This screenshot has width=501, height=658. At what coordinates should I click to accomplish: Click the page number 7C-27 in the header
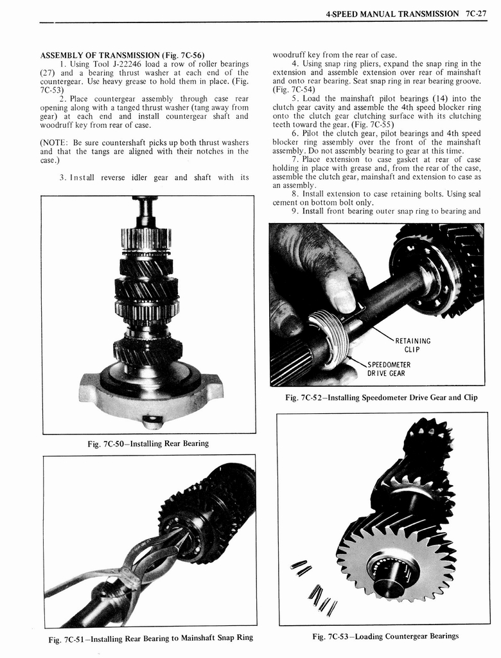(475, 13)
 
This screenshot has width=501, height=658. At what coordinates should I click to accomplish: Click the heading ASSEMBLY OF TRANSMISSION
(122, 55)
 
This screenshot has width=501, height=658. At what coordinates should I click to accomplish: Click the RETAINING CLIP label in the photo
(412, 345)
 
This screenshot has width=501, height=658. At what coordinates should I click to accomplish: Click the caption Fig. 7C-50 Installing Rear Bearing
(148, 443)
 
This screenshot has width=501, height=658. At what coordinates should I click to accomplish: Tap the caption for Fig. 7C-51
(150, 637)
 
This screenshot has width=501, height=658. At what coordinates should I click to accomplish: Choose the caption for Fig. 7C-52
(381, 397)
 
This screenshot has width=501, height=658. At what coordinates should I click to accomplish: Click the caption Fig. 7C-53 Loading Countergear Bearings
(385, 636)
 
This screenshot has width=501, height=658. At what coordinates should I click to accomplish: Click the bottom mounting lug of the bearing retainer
(152, 421)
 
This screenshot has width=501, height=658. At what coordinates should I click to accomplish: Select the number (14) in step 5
(443, 98)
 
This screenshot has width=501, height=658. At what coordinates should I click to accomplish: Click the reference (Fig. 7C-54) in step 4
(293, 91)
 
